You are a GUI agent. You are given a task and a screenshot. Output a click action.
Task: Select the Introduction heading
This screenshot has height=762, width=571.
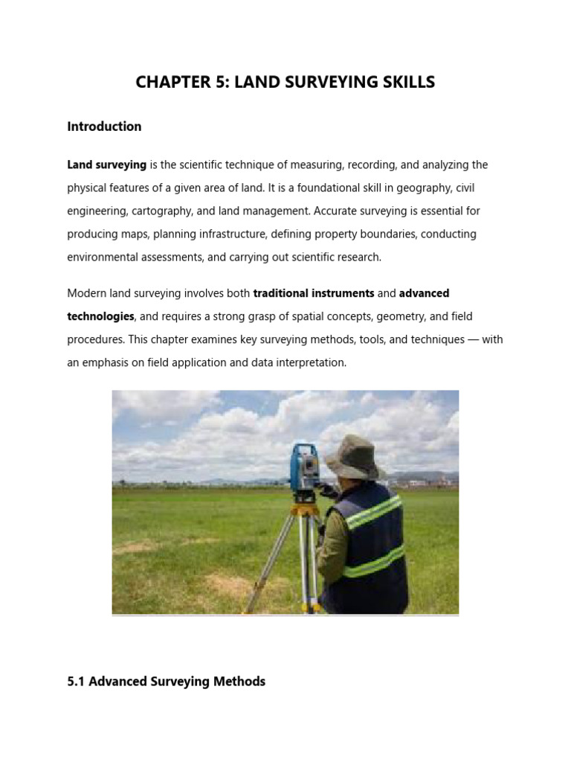coord(104,127)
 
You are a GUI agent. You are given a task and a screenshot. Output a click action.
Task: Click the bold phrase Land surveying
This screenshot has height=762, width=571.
coord(106,164)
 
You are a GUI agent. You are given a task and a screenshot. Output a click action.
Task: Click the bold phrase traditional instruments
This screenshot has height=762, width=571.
coord(314,293)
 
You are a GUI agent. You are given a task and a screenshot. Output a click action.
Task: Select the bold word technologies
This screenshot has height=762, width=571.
coord(100,316)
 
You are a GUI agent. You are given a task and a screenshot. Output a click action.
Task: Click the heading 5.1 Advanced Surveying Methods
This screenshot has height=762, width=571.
coord(166,681)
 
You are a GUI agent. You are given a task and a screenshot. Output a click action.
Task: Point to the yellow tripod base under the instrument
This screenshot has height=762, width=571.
coord(303,510)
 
